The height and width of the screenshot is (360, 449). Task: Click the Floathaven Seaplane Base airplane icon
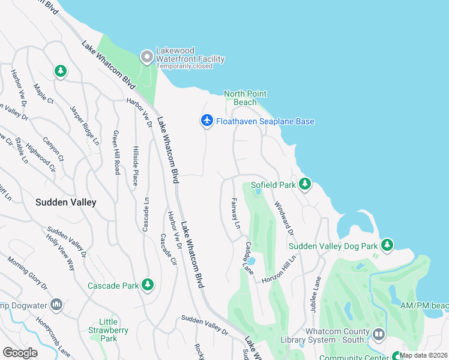click(206, 121)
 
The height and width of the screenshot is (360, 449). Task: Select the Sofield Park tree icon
click(305, 184)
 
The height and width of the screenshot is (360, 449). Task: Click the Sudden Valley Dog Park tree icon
click(388, 244)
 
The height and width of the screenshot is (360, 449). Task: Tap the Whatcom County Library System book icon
click(378, 333)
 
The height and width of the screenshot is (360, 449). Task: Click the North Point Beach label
click(245, 98)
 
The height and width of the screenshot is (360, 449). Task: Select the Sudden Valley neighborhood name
click(65, 202)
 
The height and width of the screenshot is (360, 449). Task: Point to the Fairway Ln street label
click(235, 214)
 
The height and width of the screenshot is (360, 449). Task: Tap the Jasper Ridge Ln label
click(84, 125)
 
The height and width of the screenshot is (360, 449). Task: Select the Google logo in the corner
click(20, 352)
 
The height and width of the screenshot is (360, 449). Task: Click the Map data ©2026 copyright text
click(424, 355)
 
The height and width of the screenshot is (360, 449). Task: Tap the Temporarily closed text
click(184, 67)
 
